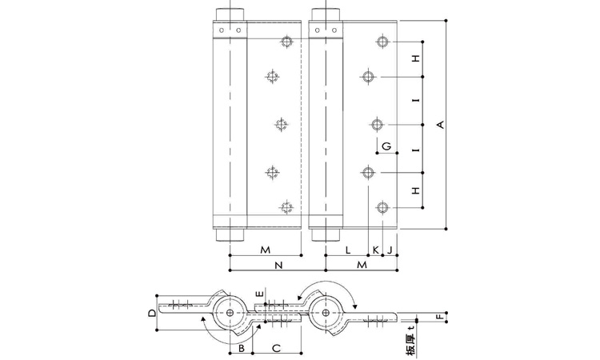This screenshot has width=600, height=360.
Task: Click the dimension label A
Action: (x=441, y=125)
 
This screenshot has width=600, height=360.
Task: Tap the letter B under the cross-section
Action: (x=242, y=348)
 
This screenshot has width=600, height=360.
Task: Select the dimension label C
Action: (x=276, y=348)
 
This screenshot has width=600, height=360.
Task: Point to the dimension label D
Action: (x=152, y=313)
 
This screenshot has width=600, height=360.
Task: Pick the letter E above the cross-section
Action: (x=260, y=294)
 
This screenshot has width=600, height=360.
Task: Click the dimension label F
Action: (x=440, y=317)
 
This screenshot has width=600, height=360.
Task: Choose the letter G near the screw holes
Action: (x=386, y=146)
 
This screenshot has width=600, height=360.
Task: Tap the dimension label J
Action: (x=390, y=250)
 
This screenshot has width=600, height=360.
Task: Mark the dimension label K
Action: (x=376, y=250)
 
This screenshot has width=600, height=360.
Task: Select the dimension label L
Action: (x=348, y=250)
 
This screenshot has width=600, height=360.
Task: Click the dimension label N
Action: (x=278, y=265)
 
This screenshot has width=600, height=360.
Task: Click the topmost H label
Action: (x=416, y=58)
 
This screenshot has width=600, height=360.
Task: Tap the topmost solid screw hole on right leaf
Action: (x=382, y=42)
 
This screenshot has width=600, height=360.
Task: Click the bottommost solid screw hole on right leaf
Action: (x=382, y=208)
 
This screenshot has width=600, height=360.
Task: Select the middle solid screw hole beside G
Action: (x=378, y=125)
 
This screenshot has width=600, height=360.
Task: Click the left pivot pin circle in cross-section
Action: (x=230, y=313)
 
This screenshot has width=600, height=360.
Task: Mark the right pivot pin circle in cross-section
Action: (x=326, y=313)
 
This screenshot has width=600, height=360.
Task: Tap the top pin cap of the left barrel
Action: (x=230, y=14)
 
